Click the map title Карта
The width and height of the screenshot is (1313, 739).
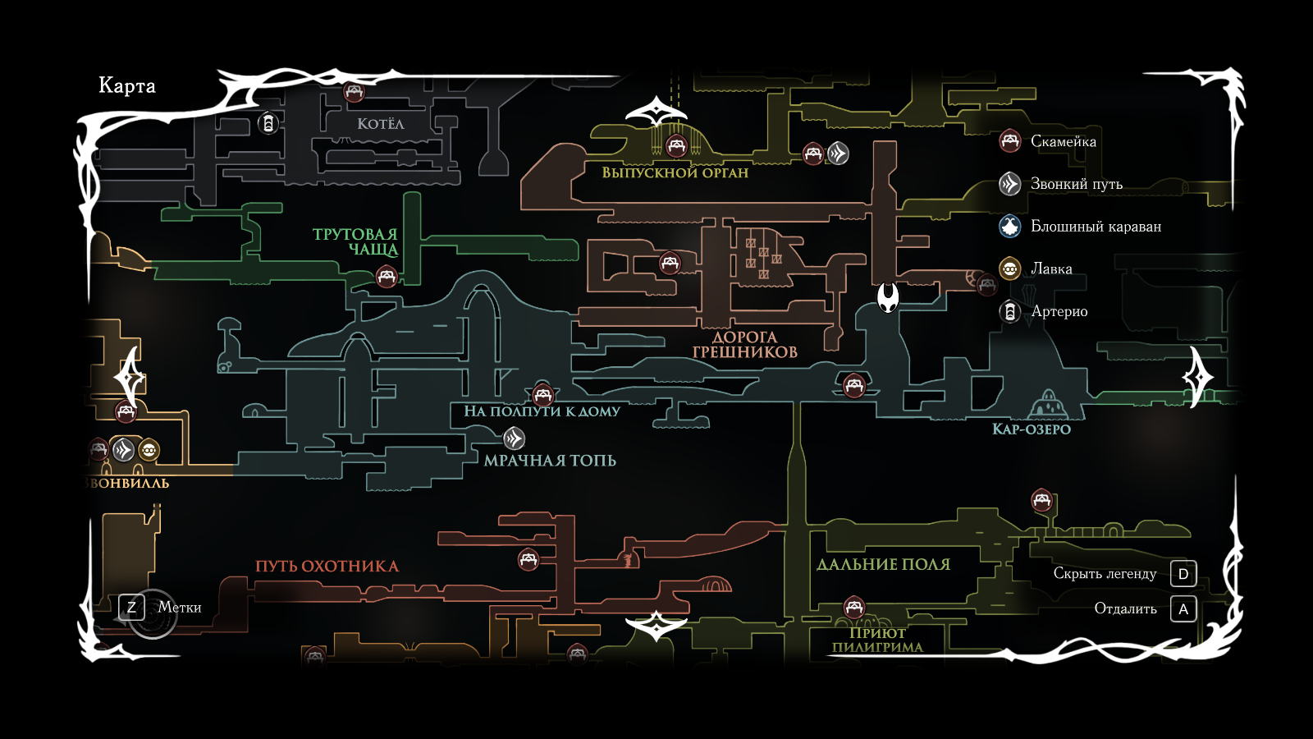pyautogui.click(x=127, y=86)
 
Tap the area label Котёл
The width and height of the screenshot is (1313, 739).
pyautogui.click(x=380, y=124)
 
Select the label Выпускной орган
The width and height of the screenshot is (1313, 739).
pyautogui.click(x=675, y=172)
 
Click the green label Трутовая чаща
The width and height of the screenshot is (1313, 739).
pyautogui.click(x=355, y=241)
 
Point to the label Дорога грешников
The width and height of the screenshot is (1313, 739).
pyautogui.click(x=744, y=345)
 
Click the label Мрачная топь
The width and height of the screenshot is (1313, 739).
pyautogui.click(x=550, y=461)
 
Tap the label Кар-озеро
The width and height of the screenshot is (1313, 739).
pyautogui.click(x=1032, y=429)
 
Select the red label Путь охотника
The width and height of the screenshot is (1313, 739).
pyautogui.click(x=327, y=567)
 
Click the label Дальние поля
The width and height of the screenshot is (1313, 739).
pyautogui.click(x=883, y=565)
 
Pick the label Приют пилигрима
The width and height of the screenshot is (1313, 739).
pyautogui.click(x=877, y=640)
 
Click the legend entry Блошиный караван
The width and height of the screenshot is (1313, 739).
pyautogui.click(x=1096, y=227)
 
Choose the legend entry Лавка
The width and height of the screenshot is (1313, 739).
pyautogui.click(x=1051, y=269)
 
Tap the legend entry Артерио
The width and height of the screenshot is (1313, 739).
pyautogui.click(x=1059, y=312)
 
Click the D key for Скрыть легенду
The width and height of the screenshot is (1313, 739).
pyautogui.click(x=1183, y=574)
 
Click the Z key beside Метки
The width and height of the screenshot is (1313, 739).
pyautogui.click(x=131, y=608)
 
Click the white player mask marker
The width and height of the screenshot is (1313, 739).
pyautogui.click(x=888, y=297)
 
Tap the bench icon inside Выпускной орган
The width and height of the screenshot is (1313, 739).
pyautogui.click(x=676, y=147)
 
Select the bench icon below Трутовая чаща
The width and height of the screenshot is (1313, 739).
pyautogui.click(x=387, y=277)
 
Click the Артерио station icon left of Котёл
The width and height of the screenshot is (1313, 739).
pyautogui.click(x=268, y=124)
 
